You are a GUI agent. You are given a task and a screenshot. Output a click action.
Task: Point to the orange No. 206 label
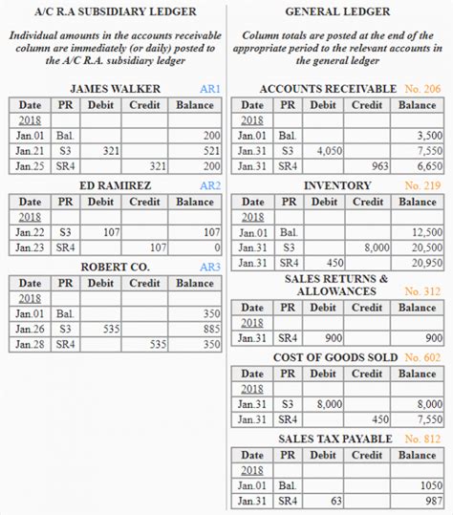pyautogui.click(x=421, y=89)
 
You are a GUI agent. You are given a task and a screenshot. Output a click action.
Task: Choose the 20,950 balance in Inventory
pyautogui.click(x=426, y=262)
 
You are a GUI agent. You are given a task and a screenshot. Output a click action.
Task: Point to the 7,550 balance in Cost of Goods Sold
pyautogui.click(x=426, y=419)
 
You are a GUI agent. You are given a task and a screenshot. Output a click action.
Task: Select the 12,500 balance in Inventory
pyautogui.click(x=426, y=231)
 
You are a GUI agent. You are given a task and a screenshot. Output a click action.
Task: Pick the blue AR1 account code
pyautogui.click(x=209, y=89)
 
